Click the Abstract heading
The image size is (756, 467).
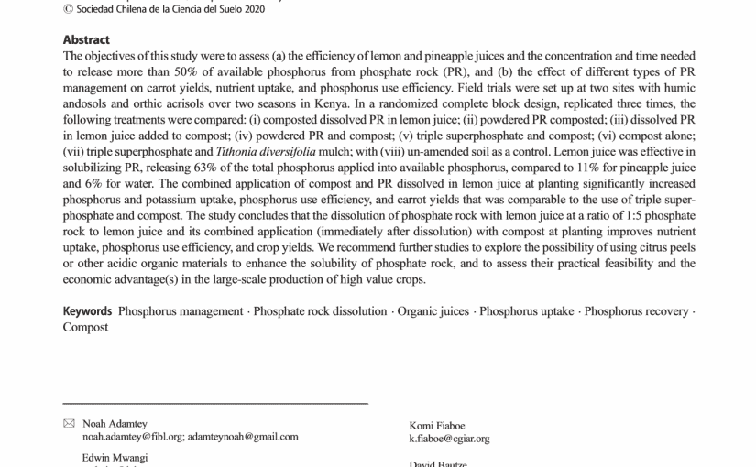[x=86, y=39]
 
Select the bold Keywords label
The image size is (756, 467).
[x=87, y=311]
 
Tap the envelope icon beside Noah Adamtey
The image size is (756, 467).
[x=69, y=423]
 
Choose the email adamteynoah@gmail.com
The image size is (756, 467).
[x=243, y=437]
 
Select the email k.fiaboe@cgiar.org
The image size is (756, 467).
[x=449, y=439]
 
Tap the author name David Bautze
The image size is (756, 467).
[x=438, y=464]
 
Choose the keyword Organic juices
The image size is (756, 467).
[x=433, y=311]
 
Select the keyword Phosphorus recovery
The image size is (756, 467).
[x=636, y=311]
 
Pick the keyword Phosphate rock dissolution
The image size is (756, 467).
[x=320, y=311]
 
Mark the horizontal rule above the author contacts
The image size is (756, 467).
[x=214, y=403]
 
